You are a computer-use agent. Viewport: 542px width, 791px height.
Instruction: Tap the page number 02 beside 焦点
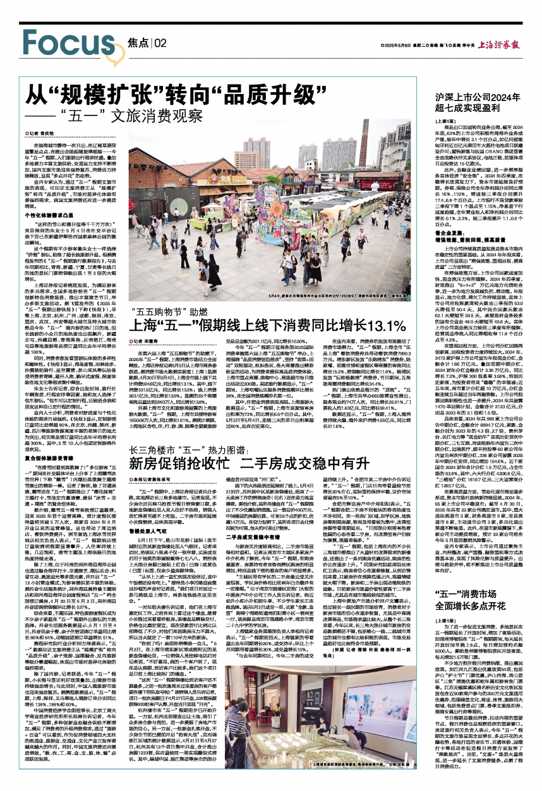[159, 42]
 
